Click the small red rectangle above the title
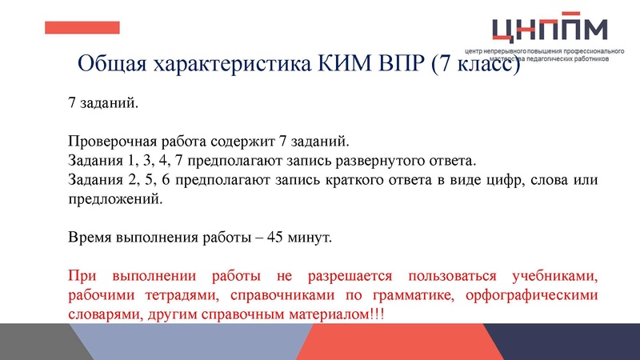pyautogui.click(x=82, y=27)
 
